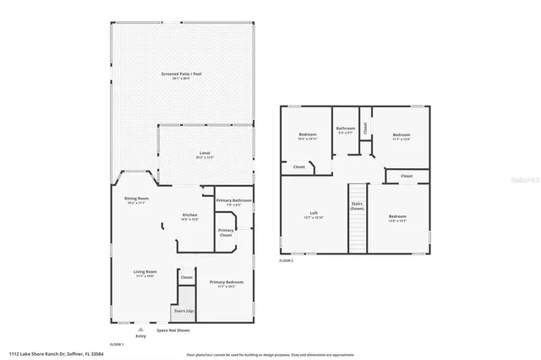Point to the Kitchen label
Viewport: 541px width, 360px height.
point(190,216)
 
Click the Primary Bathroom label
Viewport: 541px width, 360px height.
point(234,200)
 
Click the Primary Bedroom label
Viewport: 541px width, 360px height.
point(227,281)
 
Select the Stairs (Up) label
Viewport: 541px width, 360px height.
point(183,310)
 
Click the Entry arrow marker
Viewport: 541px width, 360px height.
point(139,329)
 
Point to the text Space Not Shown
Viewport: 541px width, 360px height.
point(173,330)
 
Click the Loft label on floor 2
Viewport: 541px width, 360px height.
point(314,213)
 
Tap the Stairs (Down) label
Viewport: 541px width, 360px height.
point(357,206)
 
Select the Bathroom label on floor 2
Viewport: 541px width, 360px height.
point(347,129)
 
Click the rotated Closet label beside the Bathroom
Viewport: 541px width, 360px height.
point(364,128)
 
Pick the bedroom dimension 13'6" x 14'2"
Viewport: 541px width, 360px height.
point(398,221)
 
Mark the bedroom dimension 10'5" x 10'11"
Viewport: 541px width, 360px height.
point(307,139)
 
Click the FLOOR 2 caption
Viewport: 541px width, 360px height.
point(286,261)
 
